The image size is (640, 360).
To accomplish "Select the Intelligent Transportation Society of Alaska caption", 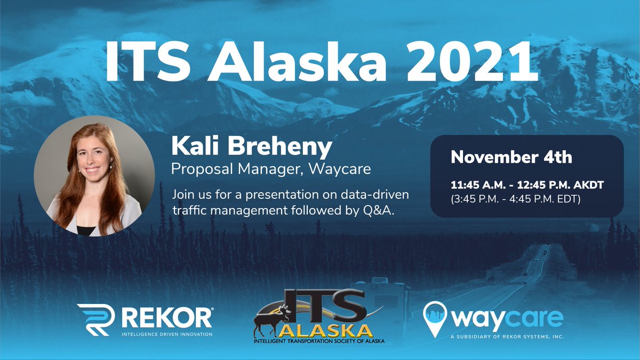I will (319, 340).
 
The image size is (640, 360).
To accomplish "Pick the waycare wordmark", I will (507, 318).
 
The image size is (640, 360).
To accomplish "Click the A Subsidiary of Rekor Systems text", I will (507, 337).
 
